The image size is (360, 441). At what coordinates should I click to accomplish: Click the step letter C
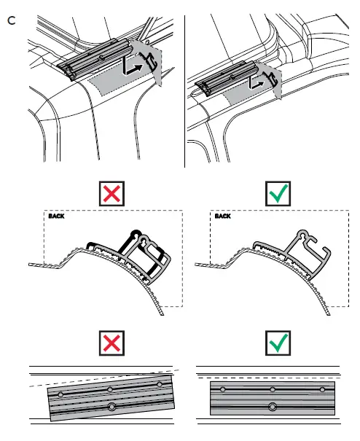pos(11,20)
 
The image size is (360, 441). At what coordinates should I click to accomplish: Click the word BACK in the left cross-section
pos(56,216)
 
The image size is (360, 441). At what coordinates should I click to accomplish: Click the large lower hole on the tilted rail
pos(111,406)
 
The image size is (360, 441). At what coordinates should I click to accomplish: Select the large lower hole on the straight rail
pos(273,406)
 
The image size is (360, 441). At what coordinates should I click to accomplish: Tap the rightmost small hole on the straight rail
pos(322,390)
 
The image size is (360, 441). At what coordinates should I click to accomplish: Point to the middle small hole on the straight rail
pos(272,390)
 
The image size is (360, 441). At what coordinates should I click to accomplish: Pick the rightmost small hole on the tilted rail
pos(160,383)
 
